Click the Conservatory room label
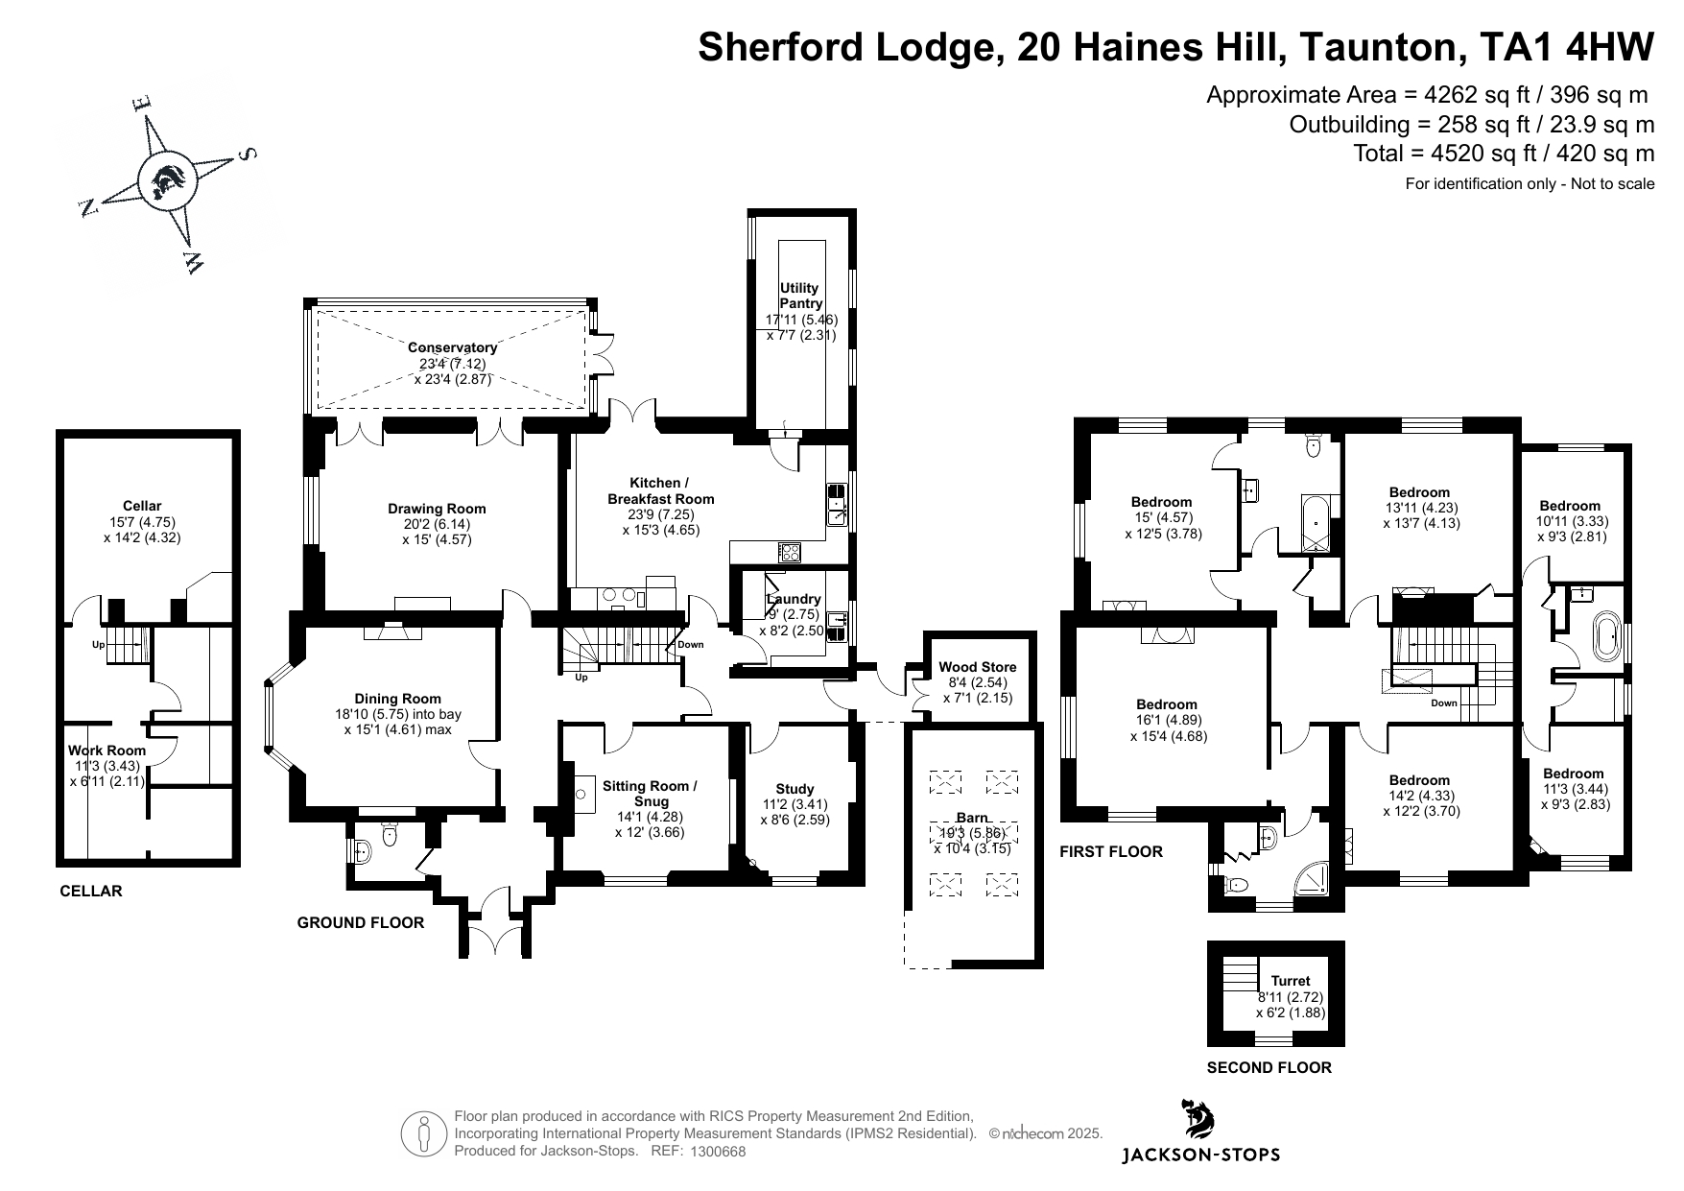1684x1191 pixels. tap(453, 347)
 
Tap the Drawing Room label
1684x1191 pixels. tap(437, 509)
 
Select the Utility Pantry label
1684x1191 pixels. tap(800, 296)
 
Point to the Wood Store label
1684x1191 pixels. tap(977, 667)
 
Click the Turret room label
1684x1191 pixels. tap(1291, 981)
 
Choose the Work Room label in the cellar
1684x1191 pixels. tap(107, 750)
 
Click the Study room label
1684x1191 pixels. tap(795, 789)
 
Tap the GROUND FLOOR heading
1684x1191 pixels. tap(360, 922)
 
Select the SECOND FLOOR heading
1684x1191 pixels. tap(1269, 1067)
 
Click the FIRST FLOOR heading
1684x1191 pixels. tap(1110, 851)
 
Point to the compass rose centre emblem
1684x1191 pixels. tap(166, 179)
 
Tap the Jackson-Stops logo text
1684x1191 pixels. tap(1200, 1155)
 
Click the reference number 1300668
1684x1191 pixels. tap(718, 1152)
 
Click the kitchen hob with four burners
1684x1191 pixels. tap(790, 552)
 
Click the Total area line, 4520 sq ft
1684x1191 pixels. tap(1504, 154)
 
